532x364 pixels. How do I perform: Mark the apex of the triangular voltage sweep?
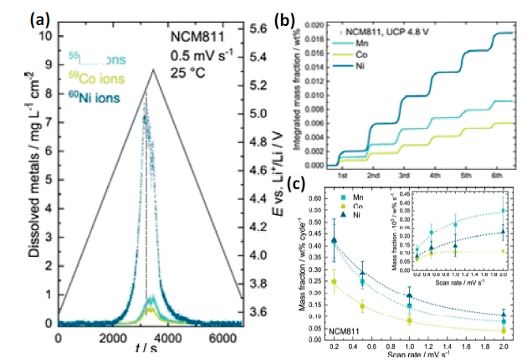[x=153, y=69]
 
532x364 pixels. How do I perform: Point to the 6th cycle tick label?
[x=496, y=178]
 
